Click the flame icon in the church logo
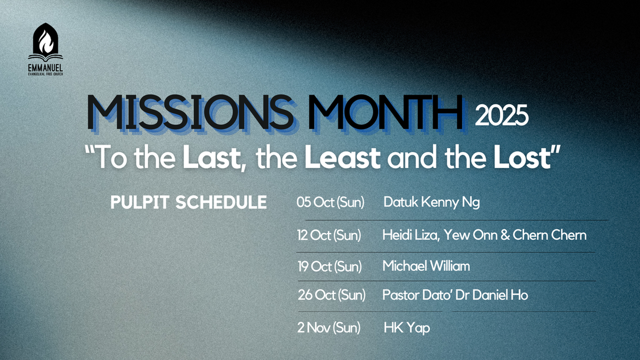(45, 41)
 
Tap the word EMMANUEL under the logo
(45, 68)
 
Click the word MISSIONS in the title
(190, 113)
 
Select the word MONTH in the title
(386, 113)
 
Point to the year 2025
(501, 115)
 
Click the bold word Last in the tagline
(211, 158)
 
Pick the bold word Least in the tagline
(343, 158)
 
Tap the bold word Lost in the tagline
(522, 158)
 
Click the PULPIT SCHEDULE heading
(188, 202)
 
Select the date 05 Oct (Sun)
(331, 202)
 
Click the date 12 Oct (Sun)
(329, 235)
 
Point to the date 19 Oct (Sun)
(330, 266)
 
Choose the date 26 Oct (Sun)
(331, 295)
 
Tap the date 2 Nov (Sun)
(329, 327)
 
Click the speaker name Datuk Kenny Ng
(431, 202)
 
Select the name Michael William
(426, 266)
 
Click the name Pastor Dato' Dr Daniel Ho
(455, 295)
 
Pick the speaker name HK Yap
(407, 328)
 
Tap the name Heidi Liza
(410, 235)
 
